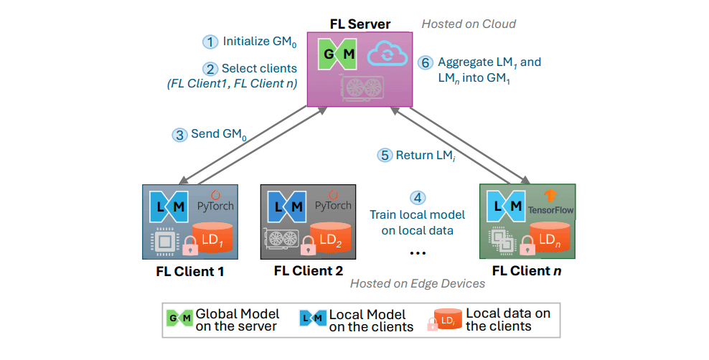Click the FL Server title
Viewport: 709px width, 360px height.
click(360, 24)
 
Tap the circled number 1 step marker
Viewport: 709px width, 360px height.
click(210, 42)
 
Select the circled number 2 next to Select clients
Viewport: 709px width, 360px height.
click(210, 69)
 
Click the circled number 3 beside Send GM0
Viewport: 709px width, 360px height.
click(179, 134)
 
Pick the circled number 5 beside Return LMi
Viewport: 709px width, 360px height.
click(385, 155)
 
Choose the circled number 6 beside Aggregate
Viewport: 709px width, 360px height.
click(426, 62)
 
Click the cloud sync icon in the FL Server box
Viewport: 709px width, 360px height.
click(385, 55)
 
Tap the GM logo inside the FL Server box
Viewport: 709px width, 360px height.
click(338, 55)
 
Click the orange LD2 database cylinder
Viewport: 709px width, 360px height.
click(331, 237)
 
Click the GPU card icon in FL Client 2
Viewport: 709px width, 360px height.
click(282, 242)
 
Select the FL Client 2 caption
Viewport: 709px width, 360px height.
click(308, 271)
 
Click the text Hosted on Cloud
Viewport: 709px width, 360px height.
click(468, 24)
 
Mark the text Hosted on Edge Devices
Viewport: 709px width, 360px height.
click(417, 283)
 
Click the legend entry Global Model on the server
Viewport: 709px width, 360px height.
click(222, 320)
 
